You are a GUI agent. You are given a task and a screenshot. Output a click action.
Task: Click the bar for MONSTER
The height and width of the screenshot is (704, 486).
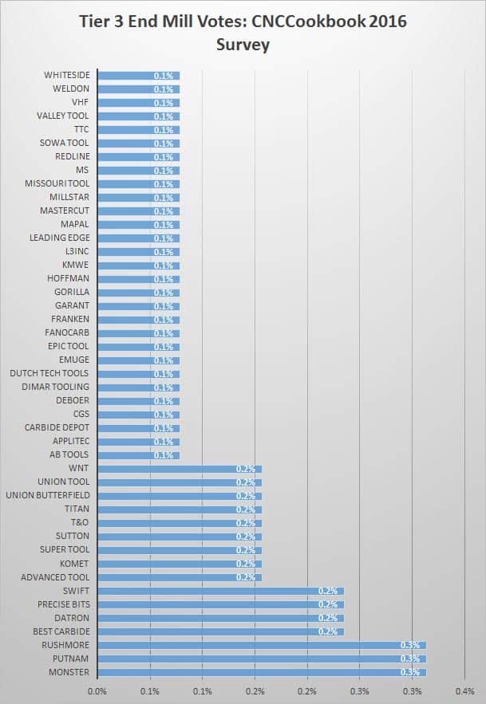(x=262, y=672)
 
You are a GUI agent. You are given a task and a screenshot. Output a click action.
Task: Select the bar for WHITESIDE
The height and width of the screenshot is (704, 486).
(x=138, y=76)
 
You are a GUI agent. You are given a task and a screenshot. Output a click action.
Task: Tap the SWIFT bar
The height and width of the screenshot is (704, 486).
(x=220, y=591)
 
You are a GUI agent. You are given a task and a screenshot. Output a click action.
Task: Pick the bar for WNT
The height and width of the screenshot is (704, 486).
(x=180, y=469)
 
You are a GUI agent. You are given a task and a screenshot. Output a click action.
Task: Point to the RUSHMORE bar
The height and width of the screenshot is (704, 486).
(x=262, y=645)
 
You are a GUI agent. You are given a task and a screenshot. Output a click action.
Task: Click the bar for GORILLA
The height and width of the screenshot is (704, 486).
(x=138, y=293)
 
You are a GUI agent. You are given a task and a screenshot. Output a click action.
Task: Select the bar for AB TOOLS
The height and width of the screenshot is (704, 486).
(x=138, y=455)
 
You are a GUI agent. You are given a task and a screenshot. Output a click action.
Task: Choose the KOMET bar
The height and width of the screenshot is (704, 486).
(x=180, y=564)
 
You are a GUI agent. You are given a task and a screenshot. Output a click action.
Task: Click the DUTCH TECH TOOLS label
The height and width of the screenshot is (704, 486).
(x=49, y=374)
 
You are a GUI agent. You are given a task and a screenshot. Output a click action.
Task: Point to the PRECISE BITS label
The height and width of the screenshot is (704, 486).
(x=63, y=604)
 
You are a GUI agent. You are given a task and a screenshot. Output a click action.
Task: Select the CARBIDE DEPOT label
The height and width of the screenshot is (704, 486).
(x=56, y=428)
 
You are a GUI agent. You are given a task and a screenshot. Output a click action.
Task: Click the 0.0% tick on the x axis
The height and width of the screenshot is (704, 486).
(x=97, y=691)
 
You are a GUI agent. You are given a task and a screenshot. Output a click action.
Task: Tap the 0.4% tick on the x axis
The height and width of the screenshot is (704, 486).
(x=464, y=691)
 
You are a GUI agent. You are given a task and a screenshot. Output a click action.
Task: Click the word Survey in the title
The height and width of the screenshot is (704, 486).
(x=243, y=45)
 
